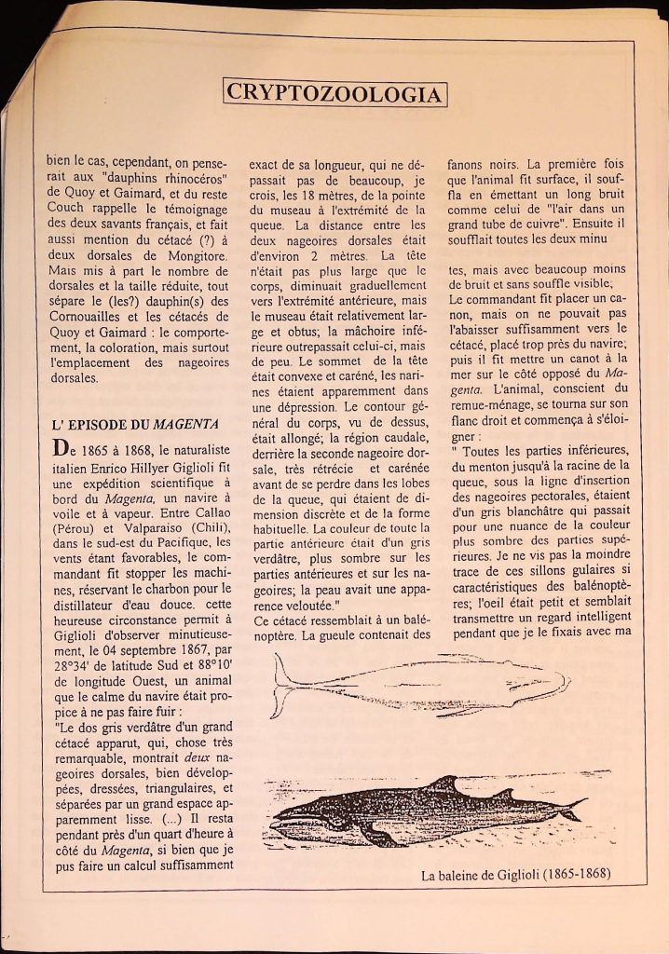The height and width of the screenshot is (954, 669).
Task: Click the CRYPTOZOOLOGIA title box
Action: [x=334, y=93]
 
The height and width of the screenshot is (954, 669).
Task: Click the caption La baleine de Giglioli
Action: [x=521, y=875]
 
